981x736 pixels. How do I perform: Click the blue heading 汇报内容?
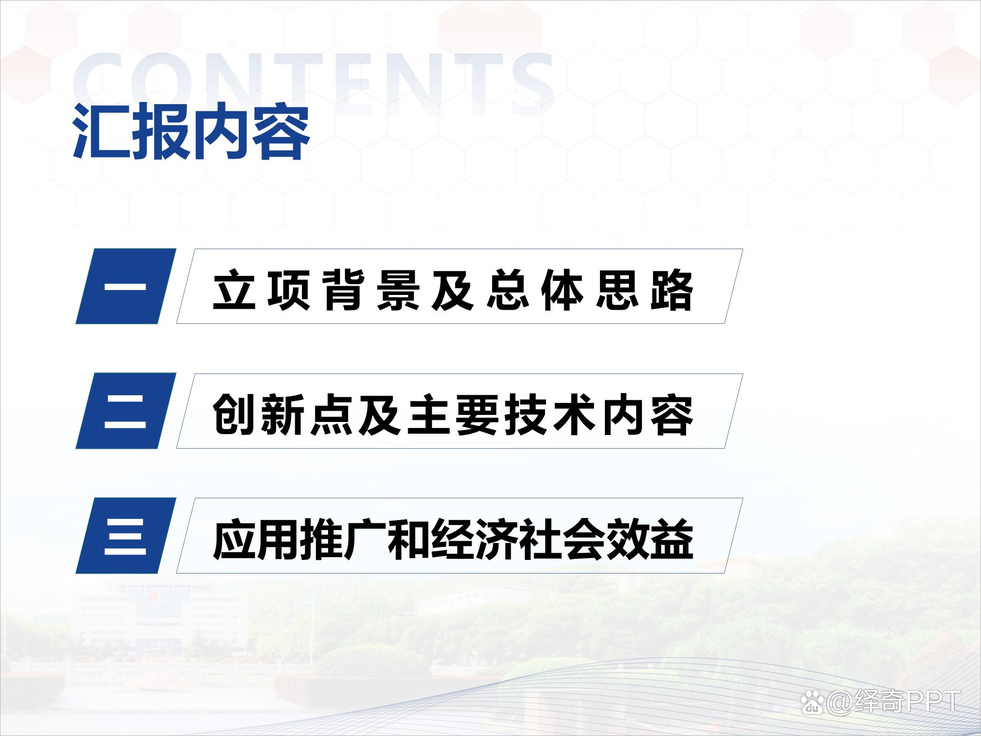[191, 132]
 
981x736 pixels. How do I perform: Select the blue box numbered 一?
[126, 286]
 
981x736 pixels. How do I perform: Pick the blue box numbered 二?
[126, 411]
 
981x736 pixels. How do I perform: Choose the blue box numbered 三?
[126, 535]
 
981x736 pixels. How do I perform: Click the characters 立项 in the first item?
[262, 290]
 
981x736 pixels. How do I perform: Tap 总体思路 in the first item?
[590, 290]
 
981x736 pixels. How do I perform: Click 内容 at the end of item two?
[647, 415]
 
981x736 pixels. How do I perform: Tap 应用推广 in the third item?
[300, 540]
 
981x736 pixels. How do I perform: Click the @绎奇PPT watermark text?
[894, 702]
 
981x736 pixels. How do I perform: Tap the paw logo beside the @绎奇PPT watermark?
[813, 703]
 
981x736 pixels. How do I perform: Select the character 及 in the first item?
[452, 290]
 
